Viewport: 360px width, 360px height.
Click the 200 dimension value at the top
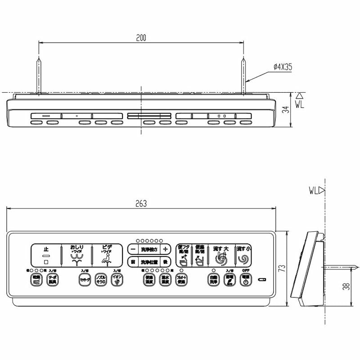pyautogui.click(x=141, y=38)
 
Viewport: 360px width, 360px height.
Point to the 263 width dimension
pyautogui.click(x=141, y=203)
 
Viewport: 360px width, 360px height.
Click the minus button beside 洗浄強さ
pyautogui.click(x=132, y=249)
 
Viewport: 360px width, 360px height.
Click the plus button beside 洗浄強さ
pyautogui.click(x=165, y=249)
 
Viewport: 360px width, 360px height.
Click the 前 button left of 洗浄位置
pyautogui.click(x=132, y=261)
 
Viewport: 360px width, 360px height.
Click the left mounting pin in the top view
pyautogui.click(x=39, y=76)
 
